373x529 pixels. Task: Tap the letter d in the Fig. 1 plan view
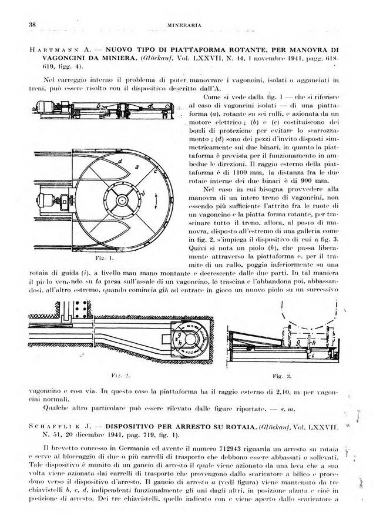(120, 160)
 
